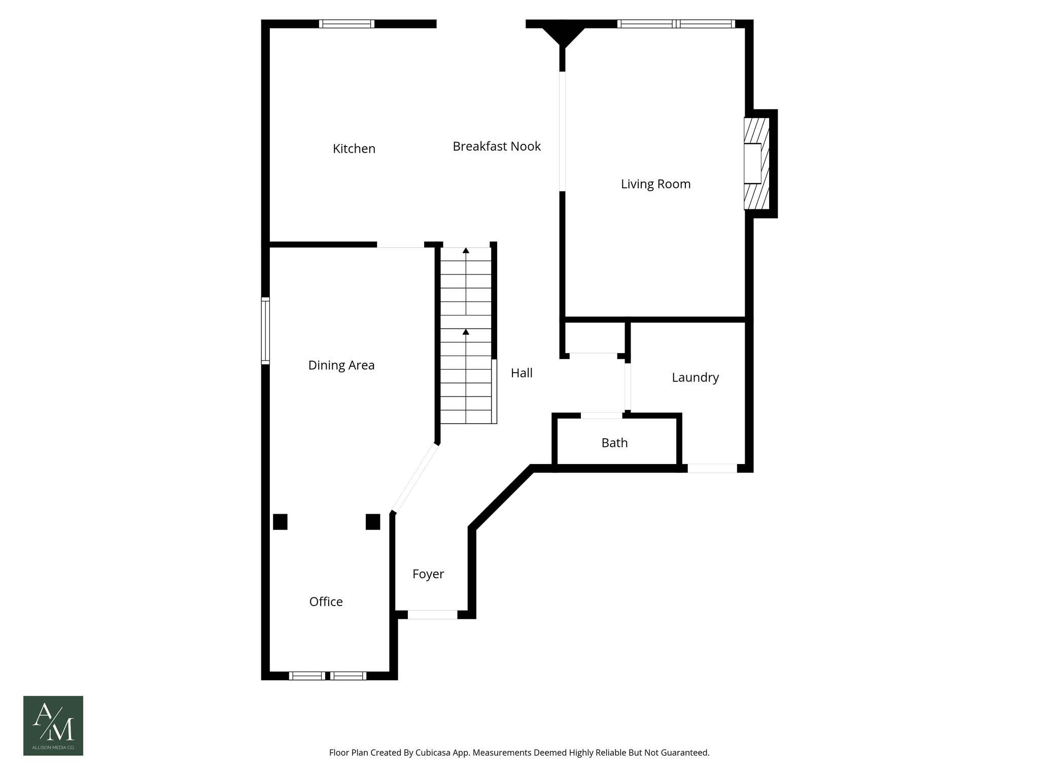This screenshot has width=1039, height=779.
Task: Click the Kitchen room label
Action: [354, 149]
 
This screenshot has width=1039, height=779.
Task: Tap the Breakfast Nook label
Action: [496, 147]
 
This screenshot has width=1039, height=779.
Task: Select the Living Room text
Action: [655, 184]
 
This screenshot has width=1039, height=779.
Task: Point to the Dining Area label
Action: [341, 365]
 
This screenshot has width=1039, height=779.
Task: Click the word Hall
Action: [522, 373]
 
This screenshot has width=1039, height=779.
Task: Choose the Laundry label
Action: [695, 377]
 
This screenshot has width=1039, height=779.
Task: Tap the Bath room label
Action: [614, 443]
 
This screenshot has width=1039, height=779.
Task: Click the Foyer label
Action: [428, 574]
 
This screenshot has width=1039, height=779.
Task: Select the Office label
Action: [326, 601]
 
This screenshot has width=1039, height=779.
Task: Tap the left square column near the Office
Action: [280, 522]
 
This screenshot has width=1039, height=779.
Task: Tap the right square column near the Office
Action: [373, 522]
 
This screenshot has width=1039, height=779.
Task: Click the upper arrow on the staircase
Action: [466, 251]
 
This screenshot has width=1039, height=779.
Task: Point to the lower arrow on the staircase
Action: [466, 332]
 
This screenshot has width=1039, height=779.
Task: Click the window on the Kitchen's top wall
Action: [347, 24]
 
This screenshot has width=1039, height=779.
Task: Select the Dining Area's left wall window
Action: [265, 331]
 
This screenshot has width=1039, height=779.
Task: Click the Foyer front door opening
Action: [432, 615]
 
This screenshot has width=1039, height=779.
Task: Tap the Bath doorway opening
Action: [601, 415]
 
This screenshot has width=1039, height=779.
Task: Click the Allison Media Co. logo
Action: [53, 725]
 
